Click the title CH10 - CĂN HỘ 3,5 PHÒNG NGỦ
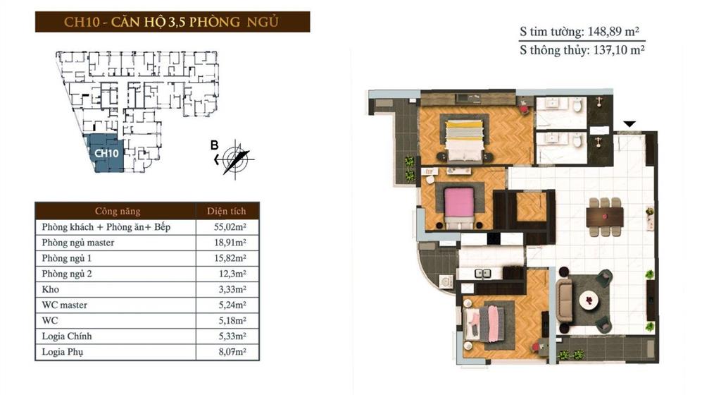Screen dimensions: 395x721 point(172,21)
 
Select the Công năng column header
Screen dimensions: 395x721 point(117,211)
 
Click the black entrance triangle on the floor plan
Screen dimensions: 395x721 point(629,124)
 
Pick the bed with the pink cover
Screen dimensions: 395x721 point(462,203)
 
